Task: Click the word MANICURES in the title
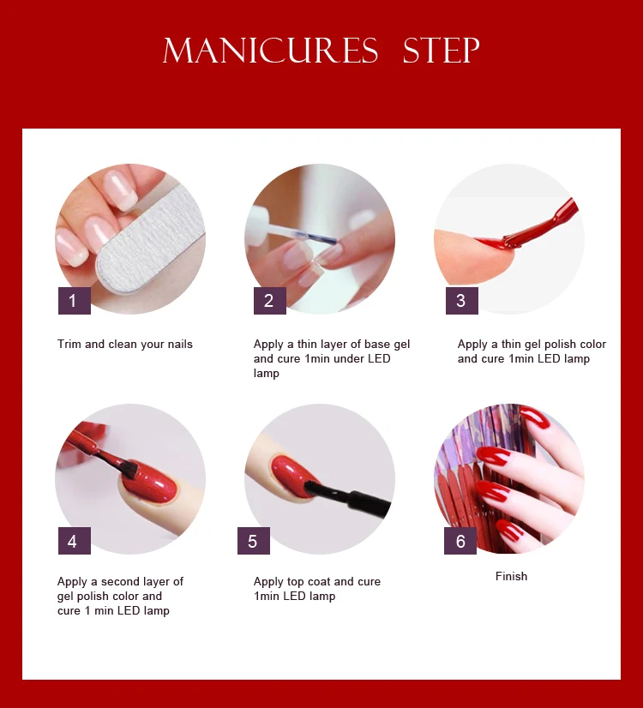[270, 50]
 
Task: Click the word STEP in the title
[441, 50]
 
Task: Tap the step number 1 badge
[75, 300]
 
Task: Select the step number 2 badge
[269, 300]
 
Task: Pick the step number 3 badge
[462, 300]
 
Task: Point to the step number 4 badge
[75, 541]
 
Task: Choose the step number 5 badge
[254, 541]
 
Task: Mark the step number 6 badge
[460, 541]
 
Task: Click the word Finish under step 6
[511, 576]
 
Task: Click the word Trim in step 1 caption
[69, 344]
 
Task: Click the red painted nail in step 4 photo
[149, 483]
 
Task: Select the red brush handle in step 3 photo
[542, 225]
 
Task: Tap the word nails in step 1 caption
[180, 344]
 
